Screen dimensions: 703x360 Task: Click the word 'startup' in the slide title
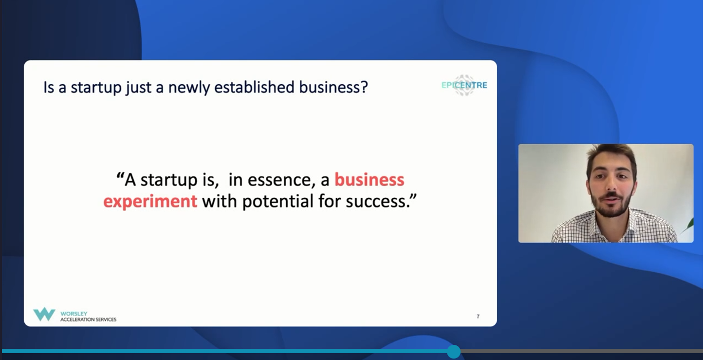pos(96,88)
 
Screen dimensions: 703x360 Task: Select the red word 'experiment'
pos(150,201)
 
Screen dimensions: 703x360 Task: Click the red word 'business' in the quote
pos(370,179)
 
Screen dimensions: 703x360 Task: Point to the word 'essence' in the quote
pos(281,180)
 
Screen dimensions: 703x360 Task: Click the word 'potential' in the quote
pos(278,201)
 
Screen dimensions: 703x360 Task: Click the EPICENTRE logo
pos(464,85)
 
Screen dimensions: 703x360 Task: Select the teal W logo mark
pos(44,314)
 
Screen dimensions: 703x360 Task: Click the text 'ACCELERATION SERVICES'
pos(88,320)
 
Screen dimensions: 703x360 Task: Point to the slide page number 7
pos(478,316)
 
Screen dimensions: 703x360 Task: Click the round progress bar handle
pos(454,351)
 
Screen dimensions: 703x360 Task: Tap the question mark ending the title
pos(364,87)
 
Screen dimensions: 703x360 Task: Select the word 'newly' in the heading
pos(189,88)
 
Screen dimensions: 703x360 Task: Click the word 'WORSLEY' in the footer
pos(74,314)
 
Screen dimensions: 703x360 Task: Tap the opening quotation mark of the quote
pos(120,175)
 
